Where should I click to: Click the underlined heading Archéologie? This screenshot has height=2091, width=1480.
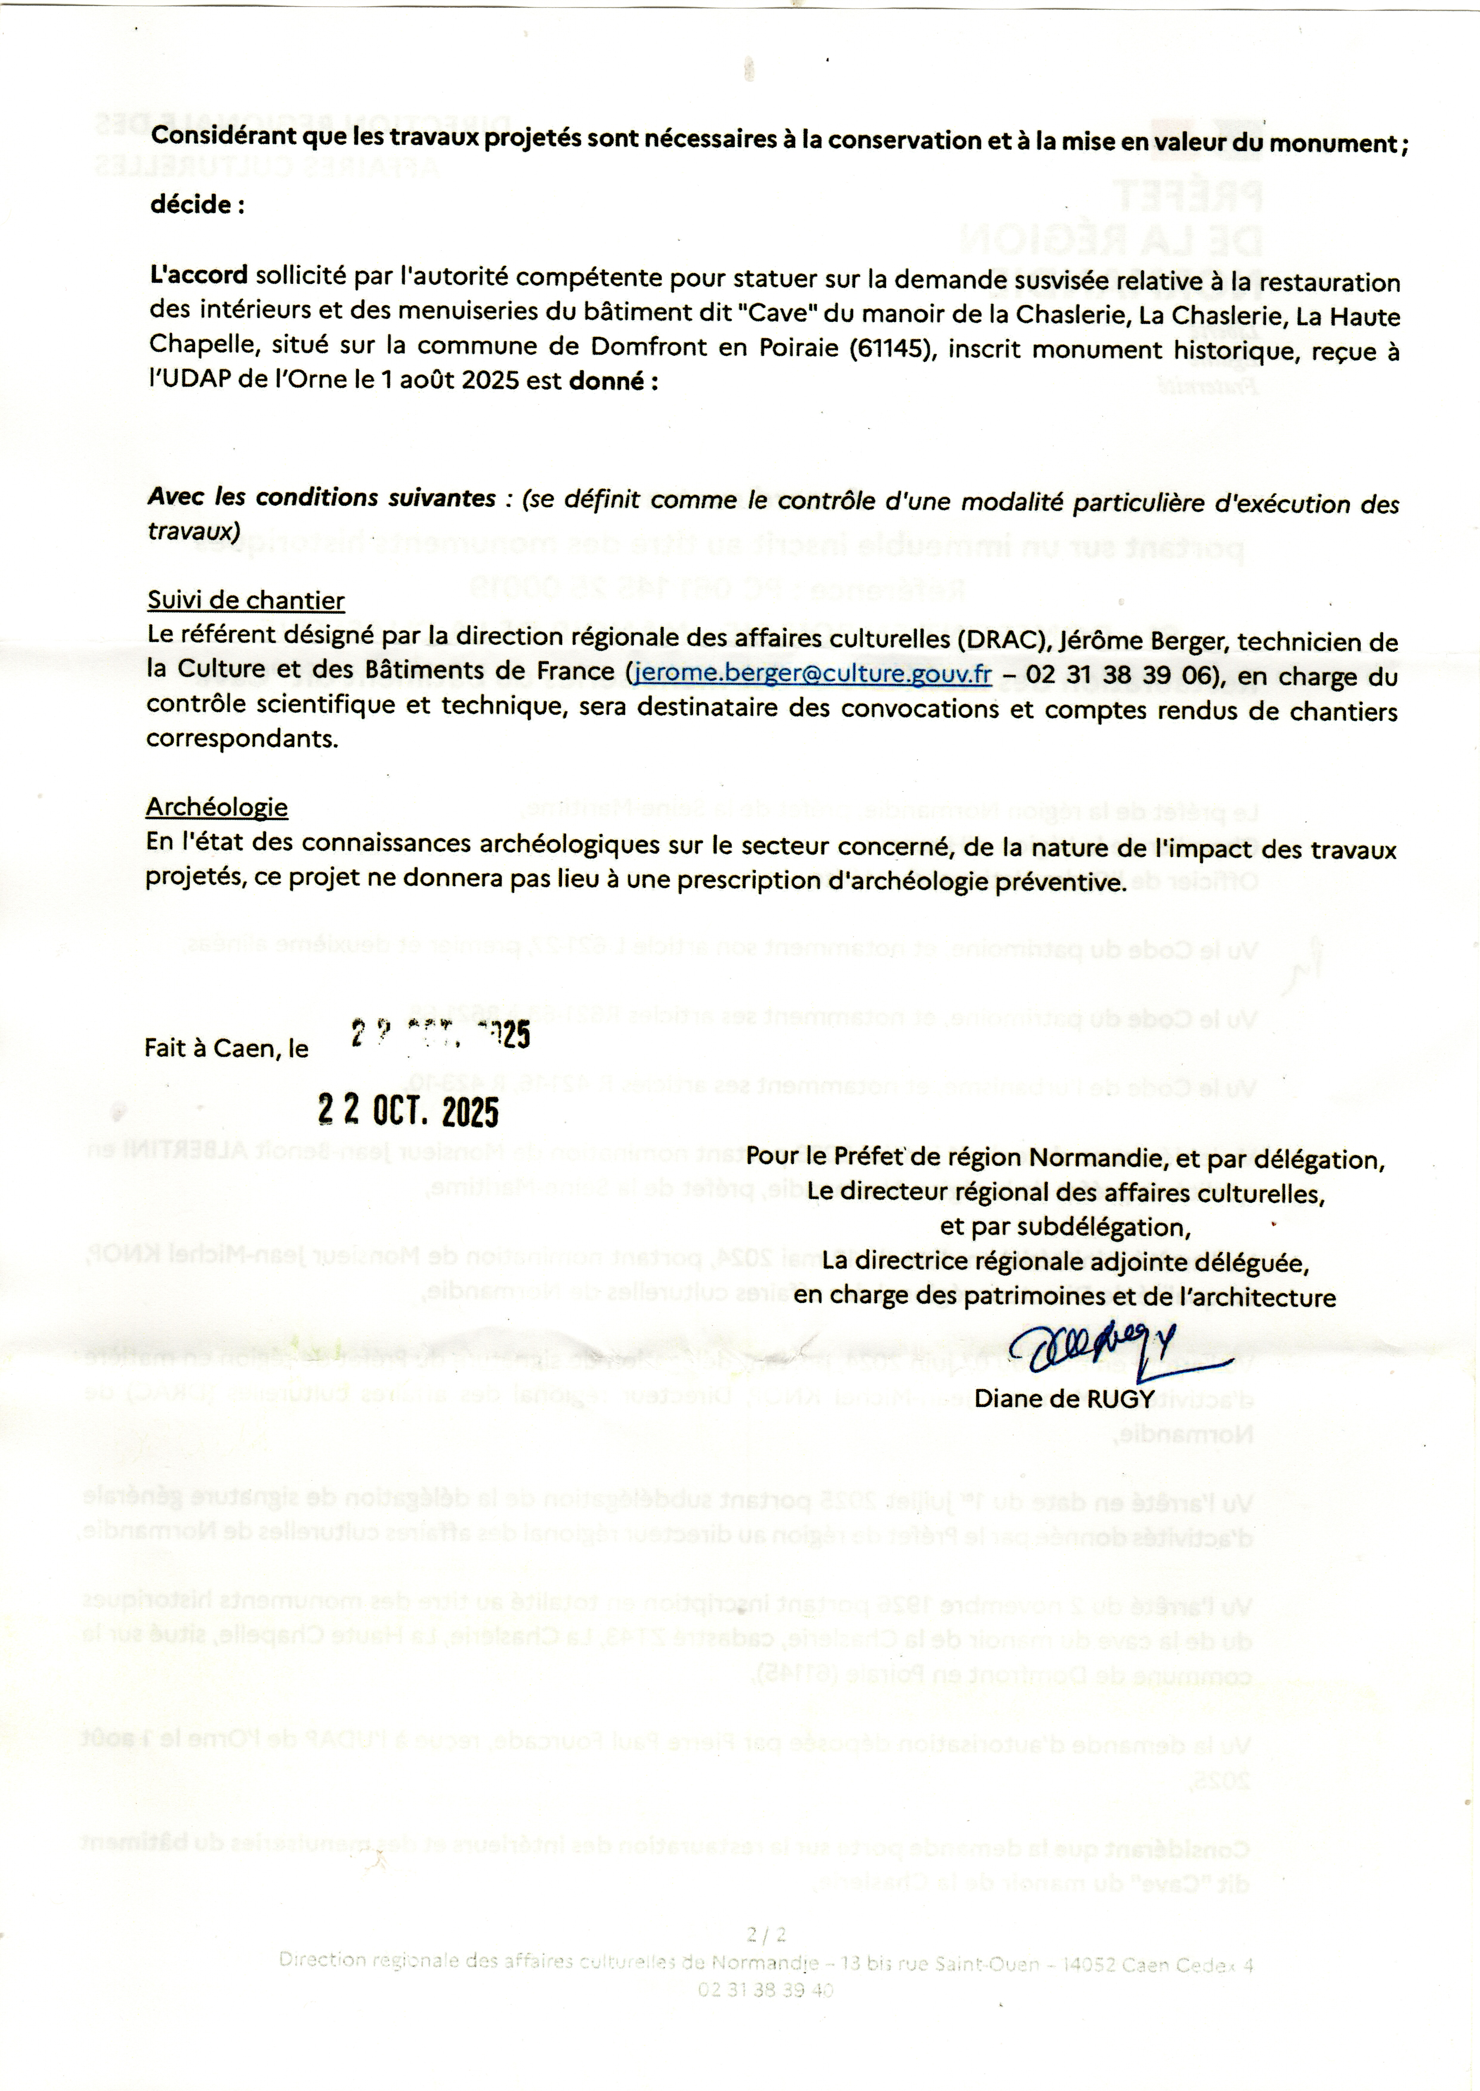[x=217, y=807]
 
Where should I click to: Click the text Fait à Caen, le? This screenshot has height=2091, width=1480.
[x=226, y=1049]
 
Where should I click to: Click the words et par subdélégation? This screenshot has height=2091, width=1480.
[x=1065, y=1227]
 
